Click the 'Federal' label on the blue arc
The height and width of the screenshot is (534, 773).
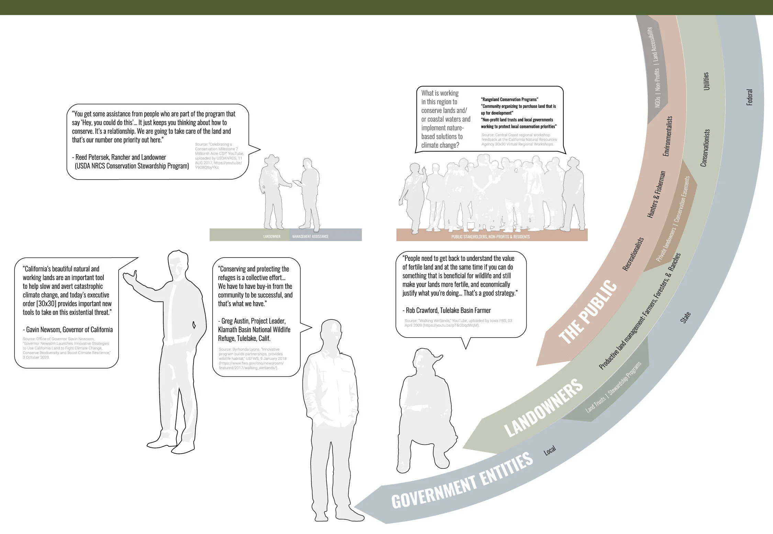pyautogui.click(x=750, y=97)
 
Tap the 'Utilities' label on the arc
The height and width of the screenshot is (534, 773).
pyautogui.click(x=706, y=81)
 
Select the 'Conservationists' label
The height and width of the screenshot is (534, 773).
pyautogui.click(x=705, y=148)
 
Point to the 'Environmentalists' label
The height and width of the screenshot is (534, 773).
pyautogui.click(x=668, y=136)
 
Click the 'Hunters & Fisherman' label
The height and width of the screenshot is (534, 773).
pyautogui.click(x=656, y=194)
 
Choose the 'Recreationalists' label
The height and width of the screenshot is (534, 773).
pyautogui.click(x=633, y=254)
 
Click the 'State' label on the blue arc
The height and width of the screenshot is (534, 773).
pyautogui.click(x=685, y=317)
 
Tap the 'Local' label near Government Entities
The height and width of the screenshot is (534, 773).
pyautogui.click(x=550, y=451)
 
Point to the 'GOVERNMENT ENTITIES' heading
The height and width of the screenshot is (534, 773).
pyautogui.click(x=462, y=480)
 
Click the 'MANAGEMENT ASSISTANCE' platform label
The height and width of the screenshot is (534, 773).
pyautogui.click(x=310, y=237)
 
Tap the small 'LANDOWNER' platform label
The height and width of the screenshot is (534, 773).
pyautogui.click(x=272, y=237)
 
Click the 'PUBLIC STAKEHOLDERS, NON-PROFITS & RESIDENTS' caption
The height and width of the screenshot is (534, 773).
pyautogui.click(x=490, y=237)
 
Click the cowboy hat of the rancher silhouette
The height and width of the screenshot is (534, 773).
pyautogui.click(x=271, y=159)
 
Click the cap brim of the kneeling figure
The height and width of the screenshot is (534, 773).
pyautogui.click(x=437, y=358)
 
